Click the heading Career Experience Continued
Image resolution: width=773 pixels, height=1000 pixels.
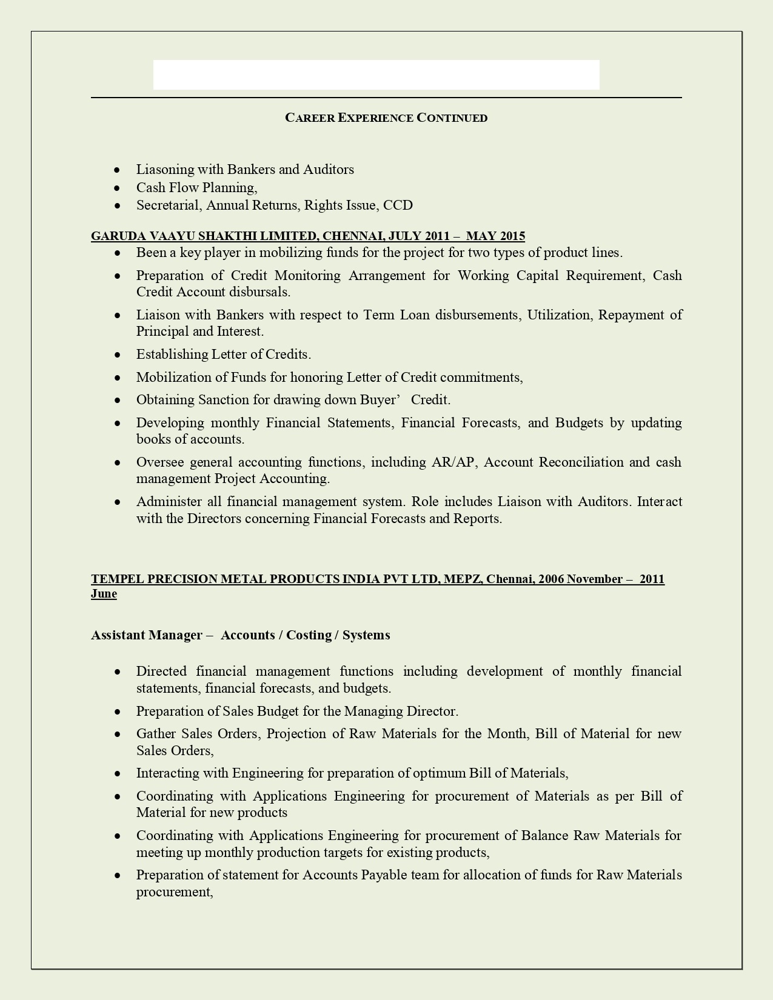tap(386, 118)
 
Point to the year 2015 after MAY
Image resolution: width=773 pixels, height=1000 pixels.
tap(512, 236)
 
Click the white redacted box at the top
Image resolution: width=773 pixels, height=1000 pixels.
tap(376, 75)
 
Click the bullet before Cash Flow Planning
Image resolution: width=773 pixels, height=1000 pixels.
tap(118, 188)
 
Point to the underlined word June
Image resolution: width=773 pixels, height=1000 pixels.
tap(104, 594)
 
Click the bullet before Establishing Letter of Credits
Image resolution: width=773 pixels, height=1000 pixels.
tap(118, 355)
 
